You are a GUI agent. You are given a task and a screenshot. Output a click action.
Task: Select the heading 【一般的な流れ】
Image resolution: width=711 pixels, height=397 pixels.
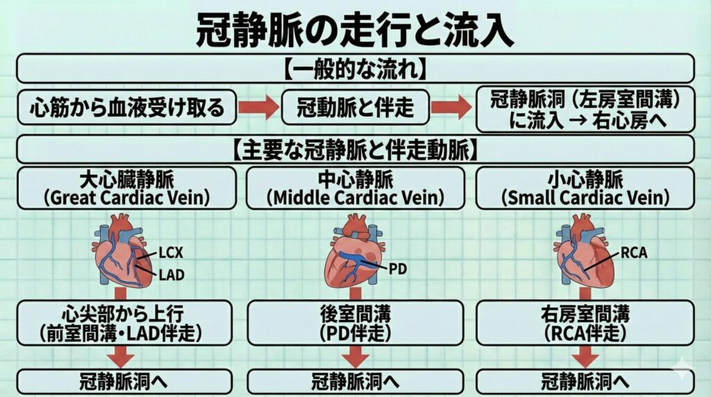pyautogui.click(x=355, y=69)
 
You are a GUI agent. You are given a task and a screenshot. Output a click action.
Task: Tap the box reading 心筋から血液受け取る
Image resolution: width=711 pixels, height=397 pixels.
pyautogui.click(x=127, y=108)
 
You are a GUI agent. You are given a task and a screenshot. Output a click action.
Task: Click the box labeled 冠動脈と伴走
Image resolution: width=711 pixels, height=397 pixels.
pyautogui.click(x=355, y=108)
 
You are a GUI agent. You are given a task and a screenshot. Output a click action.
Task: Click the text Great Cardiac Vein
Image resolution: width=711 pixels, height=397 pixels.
pyautogui.click(x=126, y=198)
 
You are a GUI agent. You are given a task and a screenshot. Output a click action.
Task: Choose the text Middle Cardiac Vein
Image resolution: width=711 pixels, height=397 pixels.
pyautogui.click(x=355, y=198)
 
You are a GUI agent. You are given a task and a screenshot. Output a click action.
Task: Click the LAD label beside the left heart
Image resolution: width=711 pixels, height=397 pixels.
pyautogui.click(x=171, y=275)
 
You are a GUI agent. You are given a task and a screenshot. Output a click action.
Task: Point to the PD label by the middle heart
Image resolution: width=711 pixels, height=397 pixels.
pyautogui.click(x=398, y=267)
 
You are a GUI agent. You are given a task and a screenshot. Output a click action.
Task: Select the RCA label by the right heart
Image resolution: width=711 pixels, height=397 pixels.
pyautogui.click(x=634, y=253)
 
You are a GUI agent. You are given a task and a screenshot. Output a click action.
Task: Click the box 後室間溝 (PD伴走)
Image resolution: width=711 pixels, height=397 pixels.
pyautogui.click(x=356, y=323)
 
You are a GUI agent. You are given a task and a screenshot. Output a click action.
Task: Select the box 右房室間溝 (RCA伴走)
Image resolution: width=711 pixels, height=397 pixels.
pyautogui.click(x=584, y=323)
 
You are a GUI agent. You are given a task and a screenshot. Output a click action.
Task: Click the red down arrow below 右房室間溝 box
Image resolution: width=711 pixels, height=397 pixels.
pyautogui.click(x=584, y=357)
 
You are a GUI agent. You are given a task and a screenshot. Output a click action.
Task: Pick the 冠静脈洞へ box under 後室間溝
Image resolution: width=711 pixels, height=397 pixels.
pyautogui.click(x=356, y=382)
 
